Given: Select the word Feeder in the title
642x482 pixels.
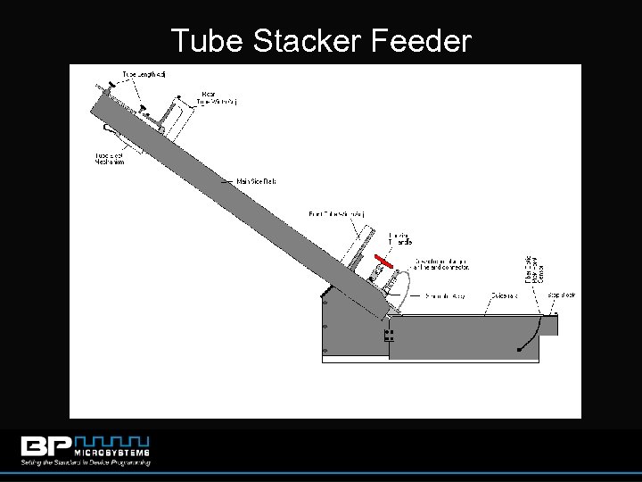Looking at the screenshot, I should pyautogui.click(x=422, y=40).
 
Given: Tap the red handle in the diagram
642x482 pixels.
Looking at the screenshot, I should pyautogui.click(x=383, y=261).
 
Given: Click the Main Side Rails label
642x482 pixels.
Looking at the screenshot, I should pyautogui.click(x=257, y=181).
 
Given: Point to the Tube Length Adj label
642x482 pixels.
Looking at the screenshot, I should pyautogui.click(x=143, y=73).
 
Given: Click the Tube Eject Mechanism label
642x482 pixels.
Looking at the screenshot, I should pyautogui.click(x=111, y=159).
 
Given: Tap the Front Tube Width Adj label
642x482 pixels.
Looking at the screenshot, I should pyautogui.click(x=337, y=213).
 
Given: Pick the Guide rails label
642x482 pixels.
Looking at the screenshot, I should pyautogui.click(x=506, y=295).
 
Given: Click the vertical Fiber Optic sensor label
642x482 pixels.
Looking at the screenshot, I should pyautogui.click(x=534, y=268).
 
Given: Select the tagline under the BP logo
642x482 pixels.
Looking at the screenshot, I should pyautogui.click(x=86, y=461).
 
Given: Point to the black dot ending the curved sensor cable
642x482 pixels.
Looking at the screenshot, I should pyautogui.click(x=520, y=350).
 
